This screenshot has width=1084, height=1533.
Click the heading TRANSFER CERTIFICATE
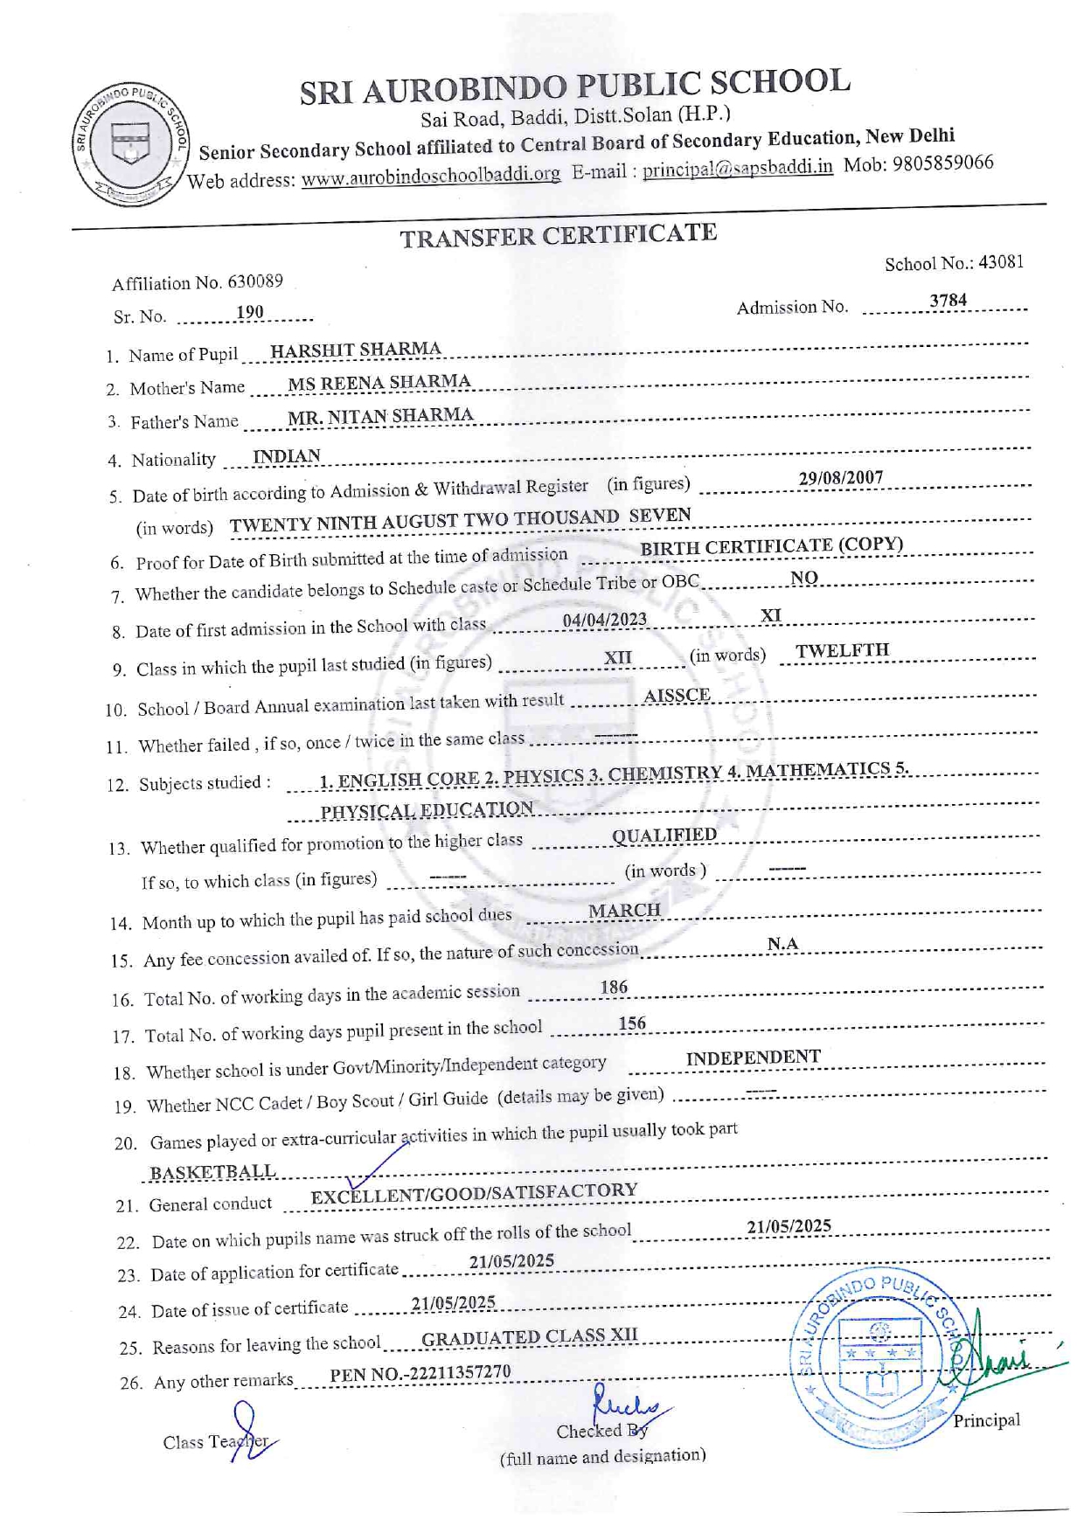[x=558, y=235]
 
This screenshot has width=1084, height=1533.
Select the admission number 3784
[x=948, y=301]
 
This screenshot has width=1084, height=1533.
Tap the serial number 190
[x=249, y=312]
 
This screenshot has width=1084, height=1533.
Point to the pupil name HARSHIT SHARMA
[x=355, y=350]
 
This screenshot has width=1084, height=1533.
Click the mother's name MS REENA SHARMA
[x=379, y=382]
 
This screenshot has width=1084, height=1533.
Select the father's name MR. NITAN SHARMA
[x=380, y=416]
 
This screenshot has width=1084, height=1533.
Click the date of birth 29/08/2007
[x=840, y=478]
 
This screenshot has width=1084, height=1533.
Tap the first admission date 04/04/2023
[x=604, y=619]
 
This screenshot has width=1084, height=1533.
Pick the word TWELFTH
[x=842, y=650]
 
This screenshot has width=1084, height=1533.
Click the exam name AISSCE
[x=677, y=695]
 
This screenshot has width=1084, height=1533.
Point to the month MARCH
[x=624, y=911]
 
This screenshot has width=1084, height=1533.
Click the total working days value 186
[x=614, y=987]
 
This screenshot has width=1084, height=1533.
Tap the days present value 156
[x=632, y=1023]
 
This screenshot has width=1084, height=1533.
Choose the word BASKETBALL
[x=212, y=1171]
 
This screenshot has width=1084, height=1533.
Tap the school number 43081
[x=1001, y=262]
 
